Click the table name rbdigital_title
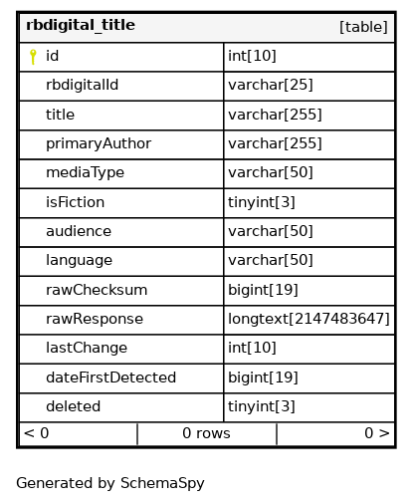(81, 26)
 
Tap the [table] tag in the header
(363, 27)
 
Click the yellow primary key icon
(33, 57)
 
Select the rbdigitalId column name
(82, 85)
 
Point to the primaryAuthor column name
(99, 143)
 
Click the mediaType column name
(85, 172)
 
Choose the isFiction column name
(75, 202)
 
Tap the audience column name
(79, 231)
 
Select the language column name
(79, 260)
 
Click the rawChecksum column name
(97, 290)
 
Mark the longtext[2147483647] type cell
(310, 320)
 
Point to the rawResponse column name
(95, 319)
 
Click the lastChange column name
(87, 348)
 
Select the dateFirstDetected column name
(110, 377)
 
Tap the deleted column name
(73, 406)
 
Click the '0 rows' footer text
(206, 433)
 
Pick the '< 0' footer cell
(79, 434)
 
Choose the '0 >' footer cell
(335, 434)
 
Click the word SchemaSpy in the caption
(162, 483)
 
